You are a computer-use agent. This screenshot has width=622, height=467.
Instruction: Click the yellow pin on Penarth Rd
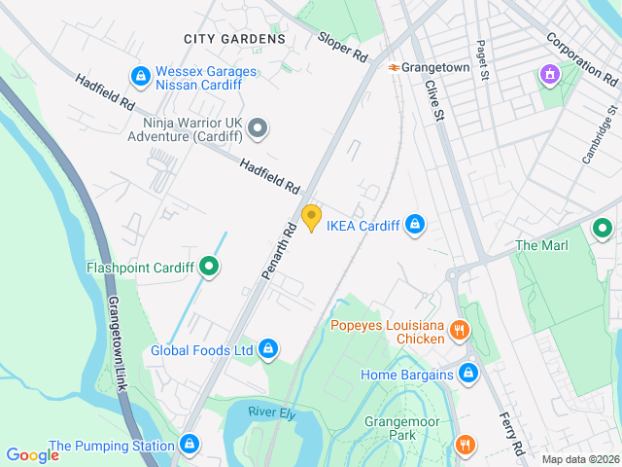(311, 218)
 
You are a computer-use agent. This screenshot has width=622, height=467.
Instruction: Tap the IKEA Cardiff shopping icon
(415, 226)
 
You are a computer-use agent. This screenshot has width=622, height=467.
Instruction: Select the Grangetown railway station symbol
(393, 67)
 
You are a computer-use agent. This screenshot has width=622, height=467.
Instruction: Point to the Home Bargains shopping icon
(468, 374)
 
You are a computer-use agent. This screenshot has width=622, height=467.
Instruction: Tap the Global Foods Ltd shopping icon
(268, 349)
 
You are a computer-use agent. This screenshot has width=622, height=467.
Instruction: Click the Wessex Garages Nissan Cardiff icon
(141, 74)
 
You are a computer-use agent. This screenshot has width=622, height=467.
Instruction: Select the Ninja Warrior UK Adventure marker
(258, 127)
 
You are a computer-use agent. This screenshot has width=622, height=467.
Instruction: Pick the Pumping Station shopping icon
(189, 446)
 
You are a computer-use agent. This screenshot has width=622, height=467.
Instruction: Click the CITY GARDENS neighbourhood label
(234, 39)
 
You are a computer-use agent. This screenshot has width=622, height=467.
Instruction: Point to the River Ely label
(270, 413)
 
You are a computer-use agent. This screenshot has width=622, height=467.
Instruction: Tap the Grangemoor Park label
(403, 429)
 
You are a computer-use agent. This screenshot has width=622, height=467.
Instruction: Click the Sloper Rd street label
(343, 48)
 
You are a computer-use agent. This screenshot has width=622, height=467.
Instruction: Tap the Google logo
(32, 454)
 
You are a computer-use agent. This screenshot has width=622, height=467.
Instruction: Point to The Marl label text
(541, 245)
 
